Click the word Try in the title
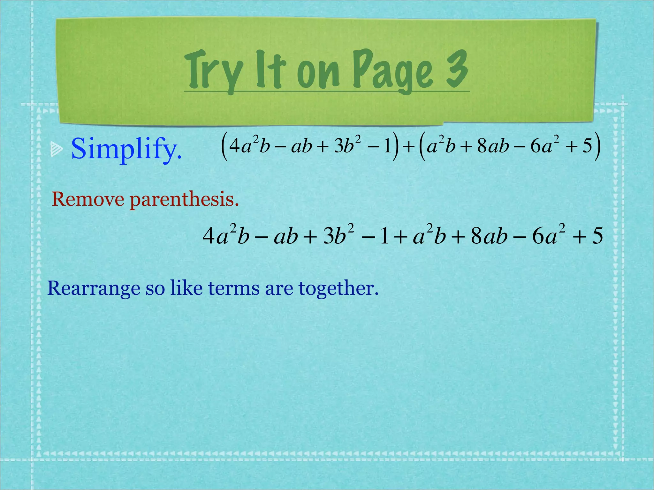[x=213, y=71]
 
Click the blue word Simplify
[x=126, y=149]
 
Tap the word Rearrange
[x=94, y=289]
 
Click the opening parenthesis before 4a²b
[x=224, y=147]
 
